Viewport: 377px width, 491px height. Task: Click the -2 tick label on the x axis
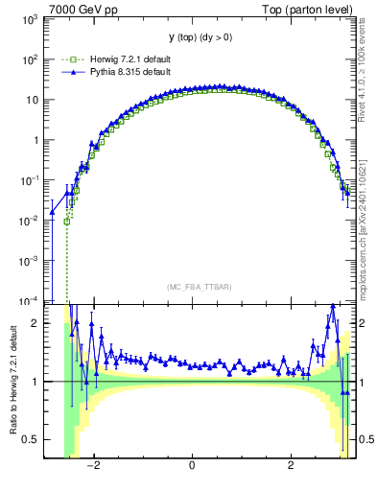tap(93, 467)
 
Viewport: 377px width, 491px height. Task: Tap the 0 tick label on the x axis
tap(193, 467)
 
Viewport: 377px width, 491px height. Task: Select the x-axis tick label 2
tap(292, 467)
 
